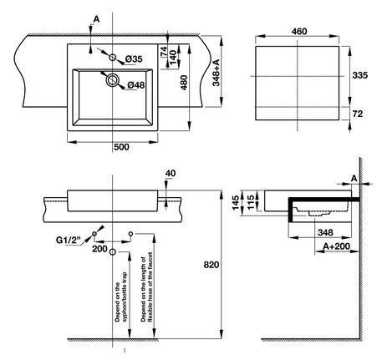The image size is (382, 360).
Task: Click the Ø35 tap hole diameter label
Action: point(134,59)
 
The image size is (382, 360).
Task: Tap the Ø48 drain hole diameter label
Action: point(136,85)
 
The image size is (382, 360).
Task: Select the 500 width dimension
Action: point(121,147)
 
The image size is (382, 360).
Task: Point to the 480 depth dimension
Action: point(184,83)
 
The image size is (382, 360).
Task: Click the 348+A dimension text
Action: point(216,73)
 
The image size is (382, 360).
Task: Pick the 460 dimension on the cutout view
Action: point(299,32)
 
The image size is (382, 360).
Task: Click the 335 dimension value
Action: point(360,75)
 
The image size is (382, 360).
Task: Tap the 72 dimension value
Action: point(358,114)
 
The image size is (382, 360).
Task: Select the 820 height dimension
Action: point(211,265)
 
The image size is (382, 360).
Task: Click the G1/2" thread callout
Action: point(69,240)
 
